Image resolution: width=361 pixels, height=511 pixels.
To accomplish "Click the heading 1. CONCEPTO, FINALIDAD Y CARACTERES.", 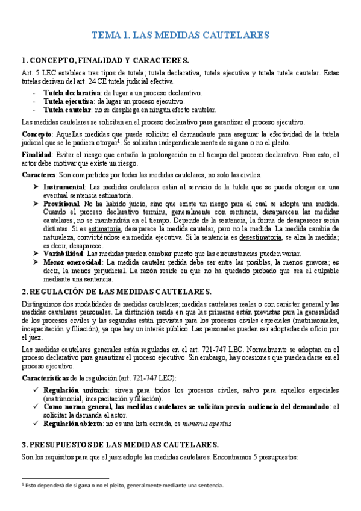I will [x=105, y=61].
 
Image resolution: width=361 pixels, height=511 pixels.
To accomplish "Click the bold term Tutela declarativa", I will [x=72, y=93].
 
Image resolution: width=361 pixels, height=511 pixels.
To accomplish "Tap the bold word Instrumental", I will [x=64, y=187].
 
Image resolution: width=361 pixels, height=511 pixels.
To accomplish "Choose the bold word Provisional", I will [x=63, y=204].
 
